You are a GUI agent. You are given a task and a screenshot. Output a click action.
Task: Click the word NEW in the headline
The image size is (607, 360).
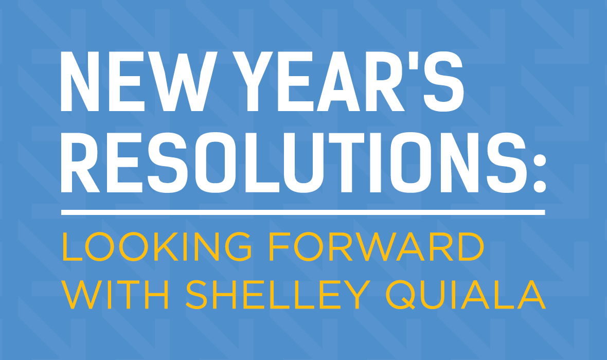click(139, 81)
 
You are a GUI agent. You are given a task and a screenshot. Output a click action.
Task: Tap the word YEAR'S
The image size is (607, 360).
click(348, 81)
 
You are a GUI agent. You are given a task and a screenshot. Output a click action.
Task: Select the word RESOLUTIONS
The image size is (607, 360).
click(294, 163)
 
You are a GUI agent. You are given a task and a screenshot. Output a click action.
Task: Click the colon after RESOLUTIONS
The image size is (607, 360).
click(540, 173)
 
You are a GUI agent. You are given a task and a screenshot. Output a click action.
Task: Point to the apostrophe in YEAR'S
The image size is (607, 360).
click(414, 60)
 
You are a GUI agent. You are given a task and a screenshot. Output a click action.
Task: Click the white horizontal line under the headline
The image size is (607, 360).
click(303, 212)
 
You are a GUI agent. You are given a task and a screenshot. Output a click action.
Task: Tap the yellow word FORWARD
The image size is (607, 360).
click(378, 246)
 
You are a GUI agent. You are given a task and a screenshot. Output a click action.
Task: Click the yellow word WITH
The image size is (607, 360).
click(115, 295)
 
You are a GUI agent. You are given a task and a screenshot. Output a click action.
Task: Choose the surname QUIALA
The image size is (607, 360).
click(466, 295)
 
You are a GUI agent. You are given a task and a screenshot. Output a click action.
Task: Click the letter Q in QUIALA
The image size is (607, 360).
click(401, 295)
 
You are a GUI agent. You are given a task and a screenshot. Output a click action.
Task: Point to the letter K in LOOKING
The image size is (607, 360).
click(167, 246)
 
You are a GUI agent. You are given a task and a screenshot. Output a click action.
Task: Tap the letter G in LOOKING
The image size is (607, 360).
click(238, 246)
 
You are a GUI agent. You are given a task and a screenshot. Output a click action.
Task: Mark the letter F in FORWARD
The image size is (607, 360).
click(281, 246)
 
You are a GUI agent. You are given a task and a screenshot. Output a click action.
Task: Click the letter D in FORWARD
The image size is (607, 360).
click(471, 246)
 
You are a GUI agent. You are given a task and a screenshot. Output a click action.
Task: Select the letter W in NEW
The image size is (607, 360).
click(183, 81)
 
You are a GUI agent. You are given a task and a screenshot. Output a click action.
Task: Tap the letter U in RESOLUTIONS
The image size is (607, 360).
click(304, 163)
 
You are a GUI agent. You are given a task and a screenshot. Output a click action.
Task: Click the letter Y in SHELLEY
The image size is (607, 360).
click(357, 295)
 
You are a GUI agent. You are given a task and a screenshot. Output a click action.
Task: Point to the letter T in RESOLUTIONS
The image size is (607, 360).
click(347, 163)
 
